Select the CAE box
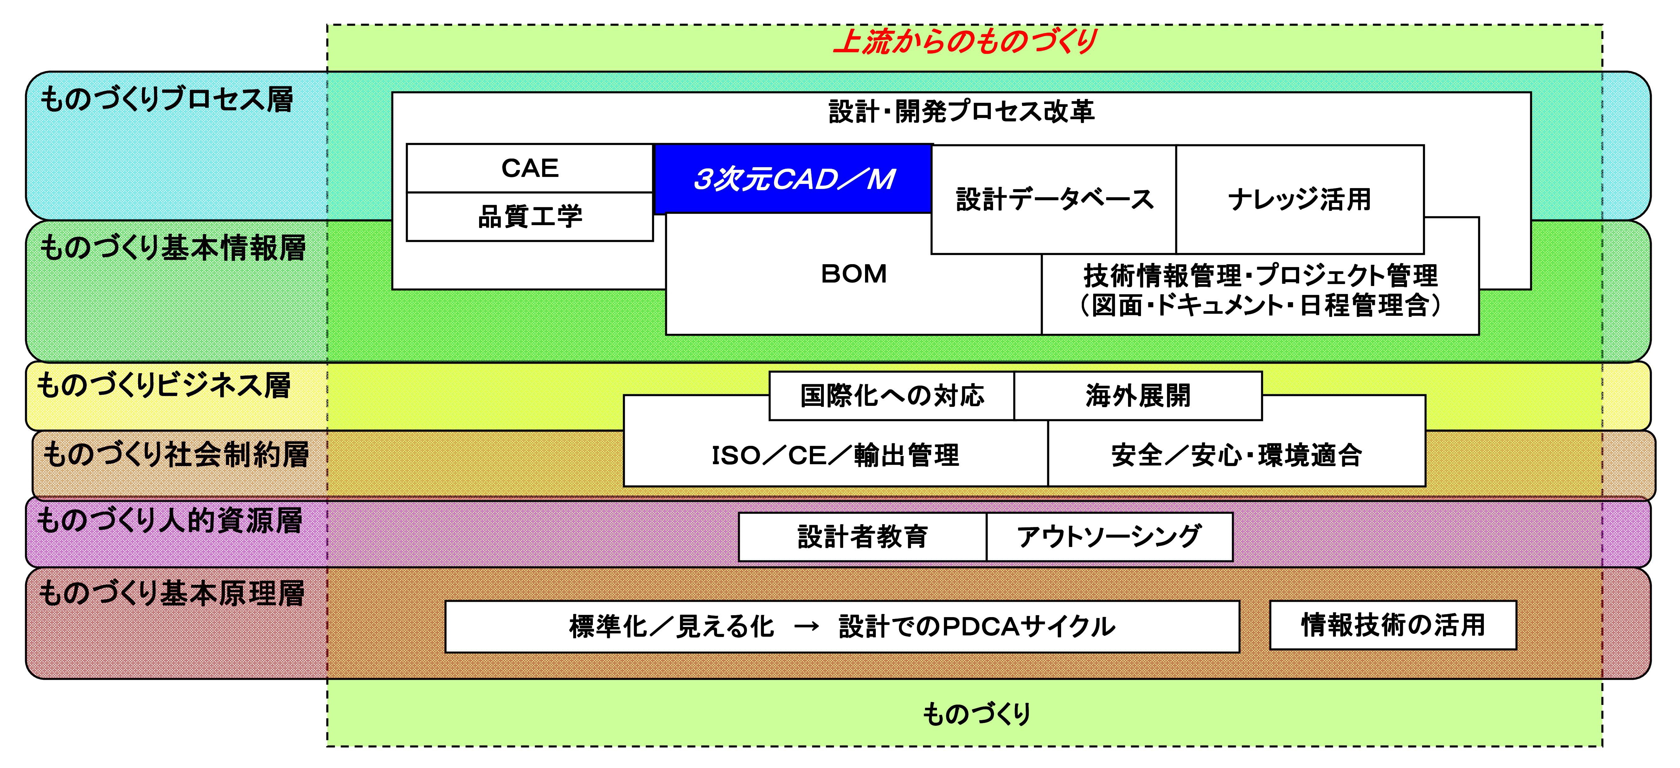tap(529, 168)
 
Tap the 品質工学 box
tap(529, 217)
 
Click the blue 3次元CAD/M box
tap(793, 179)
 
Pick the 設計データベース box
tap(1054, 199)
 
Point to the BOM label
tap(854, 274)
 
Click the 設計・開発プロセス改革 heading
tap(961, 112)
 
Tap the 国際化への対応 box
tap(892, 395)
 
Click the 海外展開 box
tap(1138, 395)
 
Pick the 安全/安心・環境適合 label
tap(1236, 455)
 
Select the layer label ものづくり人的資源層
tap(170, 521)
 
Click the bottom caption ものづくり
tap(976, 714)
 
